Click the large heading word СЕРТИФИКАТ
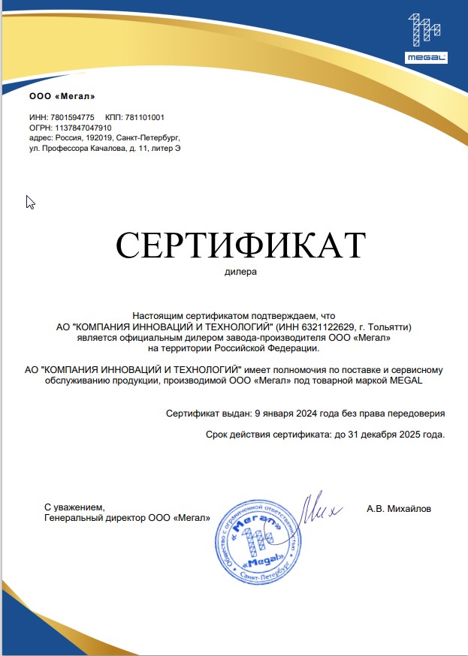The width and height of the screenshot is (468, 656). coord(240,245)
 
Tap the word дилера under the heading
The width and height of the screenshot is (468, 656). coord(240,272)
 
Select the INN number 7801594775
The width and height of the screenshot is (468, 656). coord(72,118)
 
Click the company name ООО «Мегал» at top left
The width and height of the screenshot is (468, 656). coord(62,96)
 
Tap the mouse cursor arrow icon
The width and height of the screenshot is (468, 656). coord(30,201)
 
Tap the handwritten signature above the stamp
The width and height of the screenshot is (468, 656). coord(319,510)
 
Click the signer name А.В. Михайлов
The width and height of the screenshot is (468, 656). coord(399,509)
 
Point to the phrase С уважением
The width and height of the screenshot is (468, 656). coord(70,508)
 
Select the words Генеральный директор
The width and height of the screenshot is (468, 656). coord(92,518)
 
